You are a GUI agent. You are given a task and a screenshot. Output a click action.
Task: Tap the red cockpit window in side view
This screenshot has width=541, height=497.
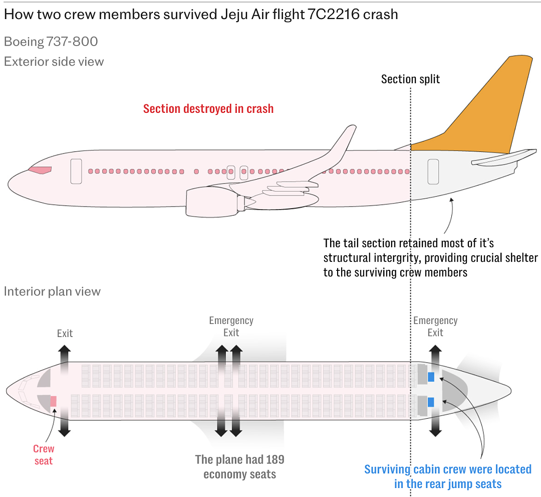40,170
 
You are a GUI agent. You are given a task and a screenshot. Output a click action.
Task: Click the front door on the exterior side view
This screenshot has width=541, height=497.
76,172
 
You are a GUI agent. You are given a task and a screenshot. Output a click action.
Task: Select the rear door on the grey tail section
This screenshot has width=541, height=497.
433,172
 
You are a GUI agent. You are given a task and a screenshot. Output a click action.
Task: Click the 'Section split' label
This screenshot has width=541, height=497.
410,79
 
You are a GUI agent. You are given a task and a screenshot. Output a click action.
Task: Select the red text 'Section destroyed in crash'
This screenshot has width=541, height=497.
208,108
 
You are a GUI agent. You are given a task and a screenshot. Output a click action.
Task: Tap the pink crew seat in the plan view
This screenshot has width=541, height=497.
53,401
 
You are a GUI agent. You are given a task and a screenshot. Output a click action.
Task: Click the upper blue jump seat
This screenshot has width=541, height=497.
431,377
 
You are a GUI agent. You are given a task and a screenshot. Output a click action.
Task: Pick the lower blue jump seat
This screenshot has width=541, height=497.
431,402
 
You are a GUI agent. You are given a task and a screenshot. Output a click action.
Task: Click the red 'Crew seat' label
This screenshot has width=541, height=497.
44,454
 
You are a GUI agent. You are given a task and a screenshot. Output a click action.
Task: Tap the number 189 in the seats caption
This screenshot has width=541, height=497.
275,459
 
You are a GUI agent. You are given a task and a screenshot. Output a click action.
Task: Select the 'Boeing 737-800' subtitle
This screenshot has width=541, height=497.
51,42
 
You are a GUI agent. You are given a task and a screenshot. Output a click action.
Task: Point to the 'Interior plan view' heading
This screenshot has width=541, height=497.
52,291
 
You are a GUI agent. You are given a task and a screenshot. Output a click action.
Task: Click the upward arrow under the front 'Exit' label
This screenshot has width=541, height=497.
65,359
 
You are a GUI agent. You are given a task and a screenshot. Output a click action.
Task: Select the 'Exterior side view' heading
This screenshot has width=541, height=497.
54,62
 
